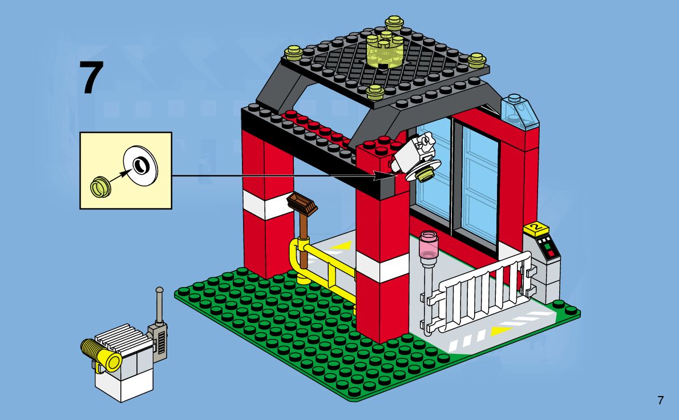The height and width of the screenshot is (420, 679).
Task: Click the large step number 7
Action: pyautogui.click(x=91, y=78)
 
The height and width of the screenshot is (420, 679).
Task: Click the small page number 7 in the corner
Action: pyautogui.click(x=660, y=400)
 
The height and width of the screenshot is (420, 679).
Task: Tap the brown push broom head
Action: pyautogui.click(x=302, y=204)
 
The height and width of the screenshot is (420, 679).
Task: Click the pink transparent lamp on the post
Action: pyautogui.click(x=428, y=244)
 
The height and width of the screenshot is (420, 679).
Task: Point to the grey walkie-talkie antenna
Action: pyautogui.click(x=160, y=305)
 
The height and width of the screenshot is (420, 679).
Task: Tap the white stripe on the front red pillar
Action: pyautogui.click(x=382, y=267)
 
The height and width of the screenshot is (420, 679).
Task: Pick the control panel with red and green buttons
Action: pyautogui.click(x=548, y=249)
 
